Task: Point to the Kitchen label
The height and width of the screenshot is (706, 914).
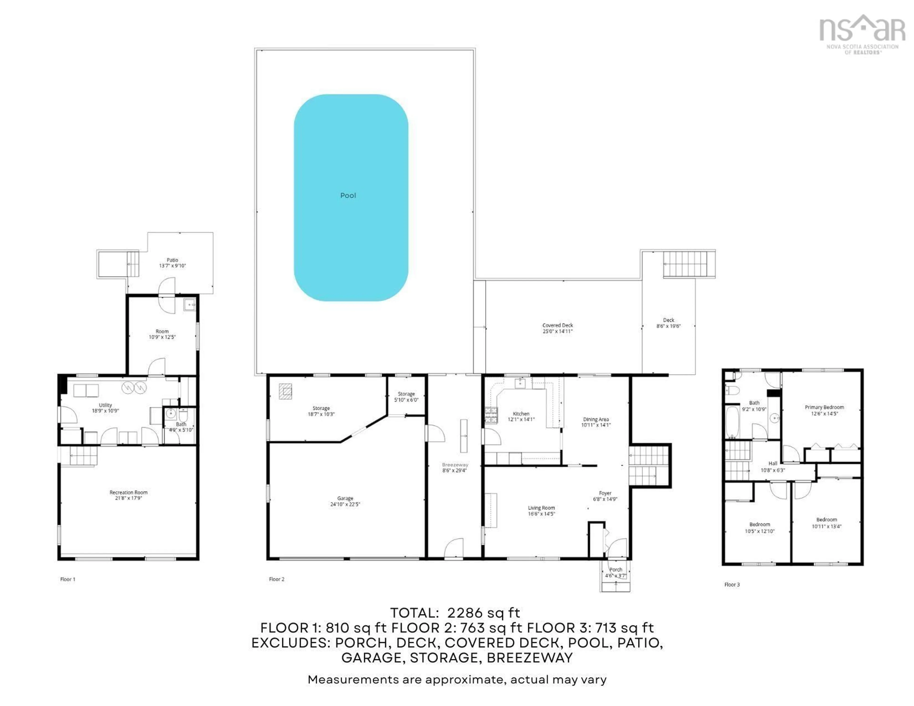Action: (x=521, y=414)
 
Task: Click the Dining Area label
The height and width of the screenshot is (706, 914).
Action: (x=596, y=419)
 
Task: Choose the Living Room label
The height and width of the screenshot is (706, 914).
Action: (x=541, y=508)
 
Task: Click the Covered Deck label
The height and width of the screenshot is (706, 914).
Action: (x=557, y=325)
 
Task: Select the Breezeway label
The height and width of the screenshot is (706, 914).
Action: (x=455, y=465)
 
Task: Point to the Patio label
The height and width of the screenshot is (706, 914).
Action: (x=172, y=260)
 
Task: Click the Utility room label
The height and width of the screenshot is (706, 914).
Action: (x=105, y=405)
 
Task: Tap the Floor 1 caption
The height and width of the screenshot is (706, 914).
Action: (x=68, y=579)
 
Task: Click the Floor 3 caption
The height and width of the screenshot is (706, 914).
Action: (x=732, y=585)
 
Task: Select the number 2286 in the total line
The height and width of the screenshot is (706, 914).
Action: (x=465, y=613)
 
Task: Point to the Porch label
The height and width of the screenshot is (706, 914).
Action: (x=616, y=570)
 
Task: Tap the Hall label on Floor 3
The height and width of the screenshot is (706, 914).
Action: (x=773, y=463)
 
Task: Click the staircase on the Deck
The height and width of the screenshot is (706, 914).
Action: (x=685, y=264)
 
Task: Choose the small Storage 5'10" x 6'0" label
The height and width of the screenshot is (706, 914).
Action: (x=406, y=394)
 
